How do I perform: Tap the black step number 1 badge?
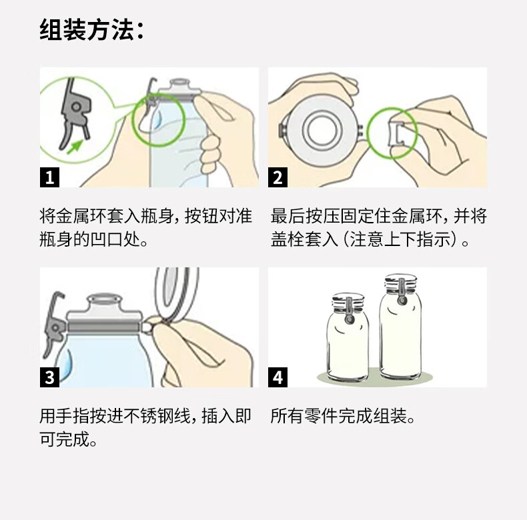coord(49,177)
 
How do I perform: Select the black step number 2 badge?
coord(278,177)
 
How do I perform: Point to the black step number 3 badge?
coord(49,377)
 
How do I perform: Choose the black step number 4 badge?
coord(278,377)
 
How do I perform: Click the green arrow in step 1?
coord(75,147)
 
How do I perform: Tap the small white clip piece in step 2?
coord(397,134)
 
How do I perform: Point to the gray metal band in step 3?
coord(103,327)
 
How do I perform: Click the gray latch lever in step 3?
coord(55,323)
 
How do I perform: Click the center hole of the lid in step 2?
coord(322,129)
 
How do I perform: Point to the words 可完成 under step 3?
coord(64,439)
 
